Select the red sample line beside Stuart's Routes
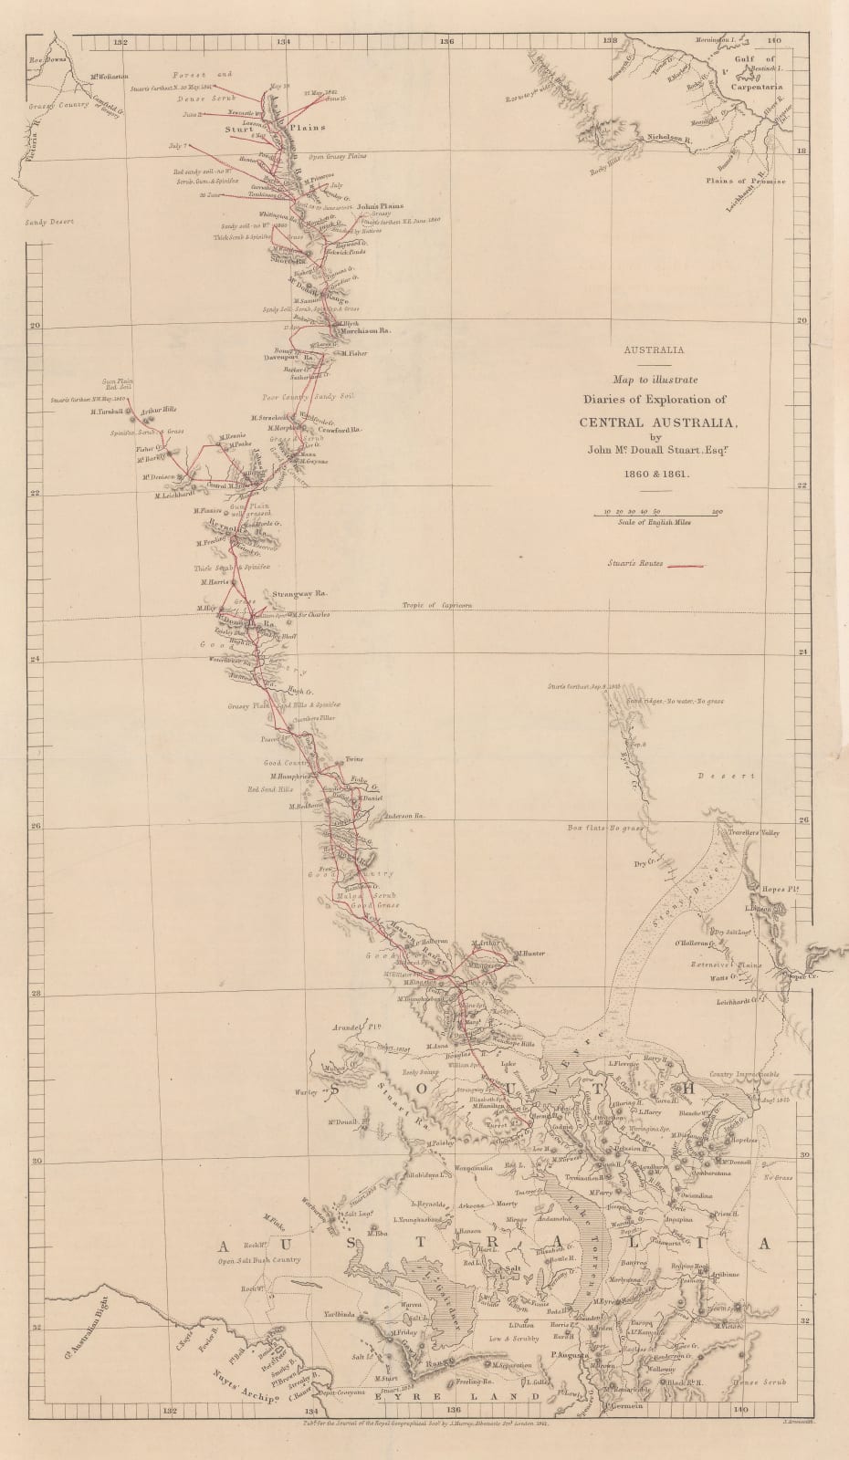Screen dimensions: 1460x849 point(686,566)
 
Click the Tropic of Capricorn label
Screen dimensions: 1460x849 point(438,606)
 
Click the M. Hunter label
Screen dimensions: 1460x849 point(529,954)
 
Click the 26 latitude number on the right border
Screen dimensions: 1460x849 point(804,819)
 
